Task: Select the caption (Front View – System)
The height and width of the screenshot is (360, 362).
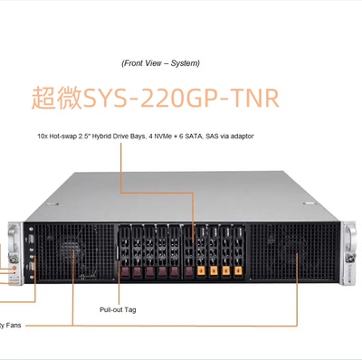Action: (x=160, y=63)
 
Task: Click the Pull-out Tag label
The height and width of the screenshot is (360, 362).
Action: (x=118, y=309)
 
